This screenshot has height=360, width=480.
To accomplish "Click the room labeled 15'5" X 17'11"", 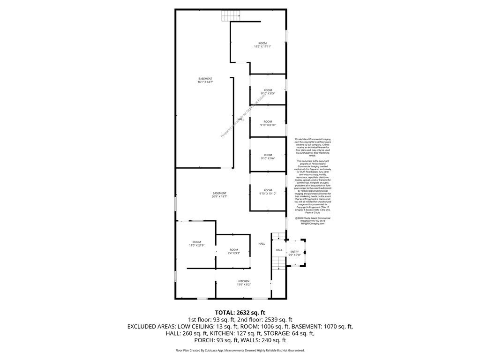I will point(262,45).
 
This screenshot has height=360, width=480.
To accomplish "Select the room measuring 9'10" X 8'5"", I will point(268,92).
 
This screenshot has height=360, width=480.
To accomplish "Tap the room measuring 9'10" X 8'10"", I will point(268,123).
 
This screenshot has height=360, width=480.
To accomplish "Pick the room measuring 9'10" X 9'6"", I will point(268,157).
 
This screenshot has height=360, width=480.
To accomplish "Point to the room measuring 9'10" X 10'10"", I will point(268,192).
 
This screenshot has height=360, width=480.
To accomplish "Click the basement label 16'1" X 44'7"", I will point(205,80).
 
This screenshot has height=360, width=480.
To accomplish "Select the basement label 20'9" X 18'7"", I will point(219,195).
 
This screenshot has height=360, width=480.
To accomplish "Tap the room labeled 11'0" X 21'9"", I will point(196,244).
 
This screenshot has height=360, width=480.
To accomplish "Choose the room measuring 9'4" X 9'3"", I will point(233,251).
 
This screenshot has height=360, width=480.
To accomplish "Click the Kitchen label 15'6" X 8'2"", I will point(243,283).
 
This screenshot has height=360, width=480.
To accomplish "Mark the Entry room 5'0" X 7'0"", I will point(294,254).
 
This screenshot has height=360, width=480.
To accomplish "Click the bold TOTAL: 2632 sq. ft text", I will point(240,313).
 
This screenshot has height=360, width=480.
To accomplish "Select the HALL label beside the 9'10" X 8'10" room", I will point(240,119).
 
